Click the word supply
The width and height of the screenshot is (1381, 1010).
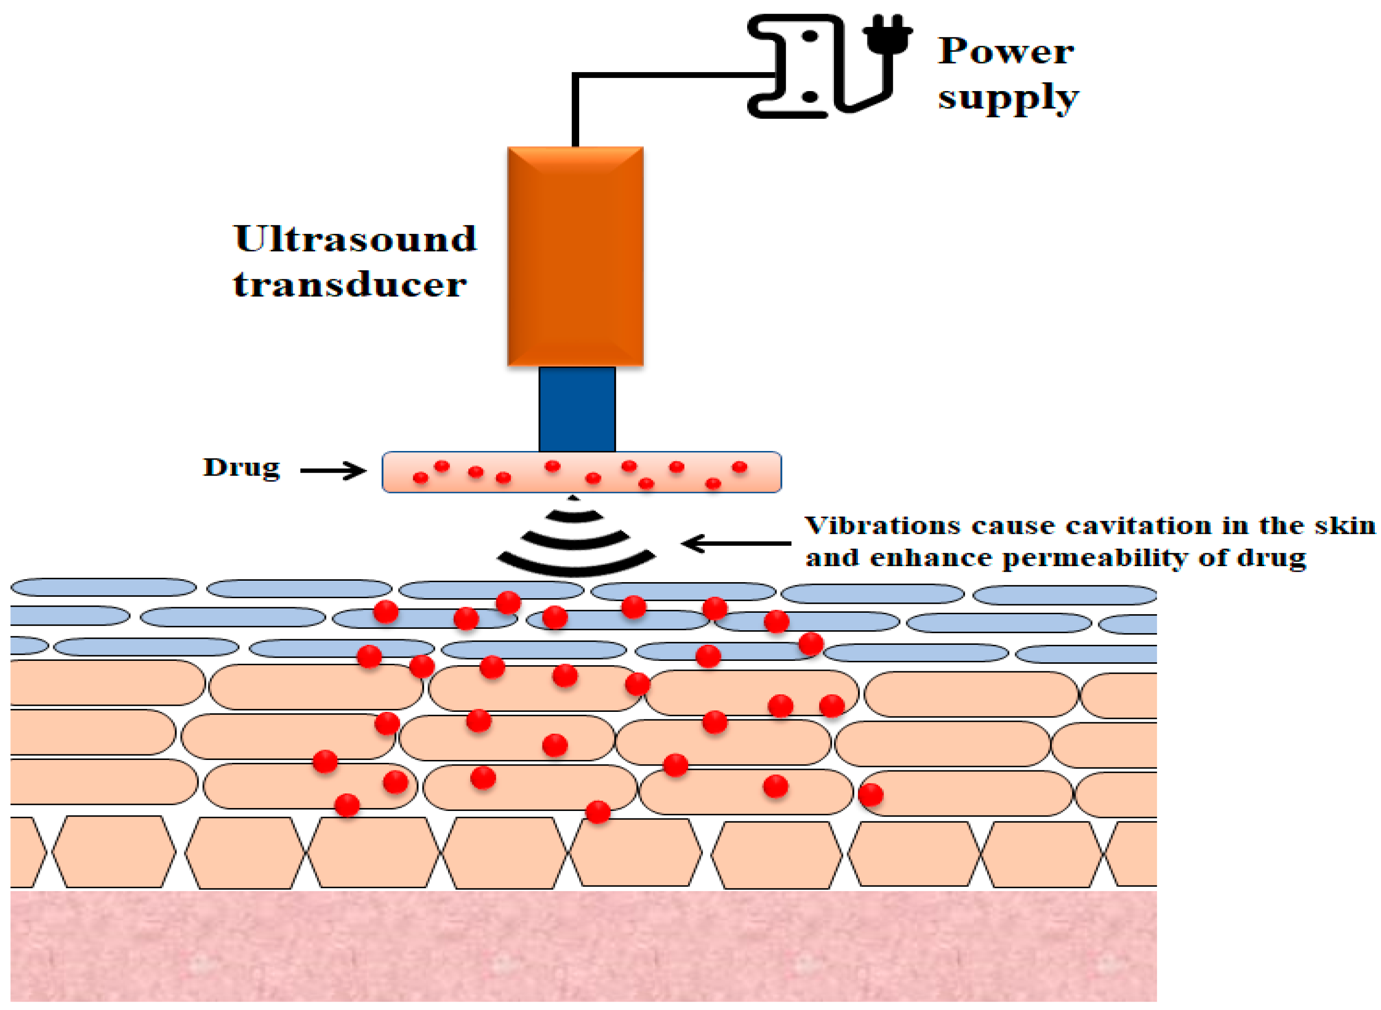pos(1007,98)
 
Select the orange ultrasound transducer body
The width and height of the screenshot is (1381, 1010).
pos(574,257)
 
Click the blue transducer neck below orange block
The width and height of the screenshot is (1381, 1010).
pos(576,409)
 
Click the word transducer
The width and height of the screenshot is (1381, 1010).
pos(349,285)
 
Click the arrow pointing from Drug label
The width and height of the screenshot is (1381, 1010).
pos(333,471)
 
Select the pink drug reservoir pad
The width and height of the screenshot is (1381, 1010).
pos(581,472)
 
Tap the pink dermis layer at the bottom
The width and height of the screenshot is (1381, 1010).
pos(581,948)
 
